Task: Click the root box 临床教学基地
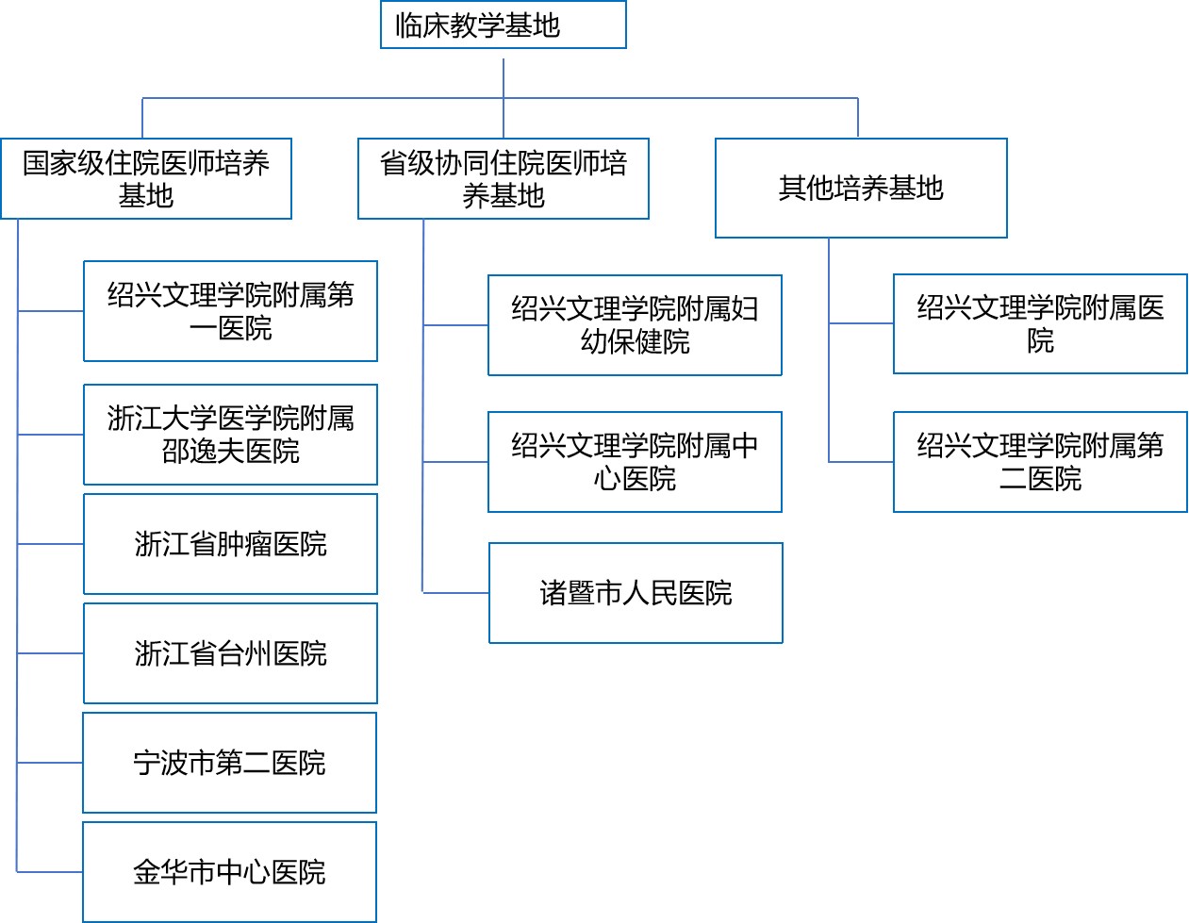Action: [x=503, y=25]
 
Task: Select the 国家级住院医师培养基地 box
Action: [x=146, y=179]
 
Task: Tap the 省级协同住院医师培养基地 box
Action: [x=504, y=179]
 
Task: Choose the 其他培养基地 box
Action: [x=861, y=189]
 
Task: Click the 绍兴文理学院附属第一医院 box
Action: [x=230, y=311]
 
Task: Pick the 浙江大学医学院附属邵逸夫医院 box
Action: [x=230, y=435]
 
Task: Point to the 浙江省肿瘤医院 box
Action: [x=230, y=544]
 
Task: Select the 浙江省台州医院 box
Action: [x=230, y=653]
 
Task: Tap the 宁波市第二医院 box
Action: [x=229, y=763]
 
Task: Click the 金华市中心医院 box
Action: [x=229, y=872]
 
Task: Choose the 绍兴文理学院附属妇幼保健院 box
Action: [x=635, y=325]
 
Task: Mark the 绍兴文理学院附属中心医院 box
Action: [x=635, y=462]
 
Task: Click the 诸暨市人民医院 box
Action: [x=636, y=593]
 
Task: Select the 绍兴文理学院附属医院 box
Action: [x=1040, y=323]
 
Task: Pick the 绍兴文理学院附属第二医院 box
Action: [x=1040, y=462]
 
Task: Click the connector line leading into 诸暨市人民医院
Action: [x=456, y=593]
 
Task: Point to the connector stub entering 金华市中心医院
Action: [x=50, y=872]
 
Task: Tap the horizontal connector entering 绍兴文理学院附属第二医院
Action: [x=861, y=462]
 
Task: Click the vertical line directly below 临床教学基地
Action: [x=504, y=77]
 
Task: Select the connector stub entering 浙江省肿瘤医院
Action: [x=51, y=544]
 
